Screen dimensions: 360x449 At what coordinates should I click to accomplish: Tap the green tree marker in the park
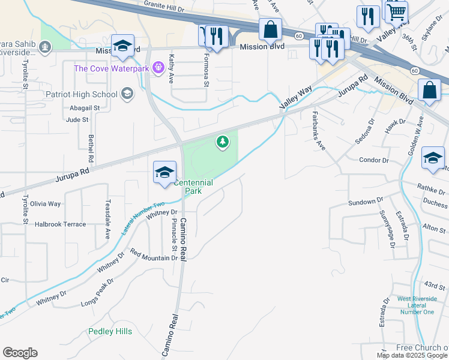pos(223,142)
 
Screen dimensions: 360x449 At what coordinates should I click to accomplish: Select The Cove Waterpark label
pos(112,68)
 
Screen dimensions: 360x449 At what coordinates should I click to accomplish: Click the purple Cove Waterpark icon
pos(158,67)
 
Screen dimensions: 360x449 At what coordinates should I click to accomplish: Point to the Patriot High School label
pos(81,94)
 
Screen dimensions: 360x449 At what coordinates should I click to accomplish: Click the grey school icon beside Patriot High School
pos(127,94)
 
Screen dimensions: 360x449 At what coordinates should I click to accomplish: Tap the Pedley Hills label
pos(110,331)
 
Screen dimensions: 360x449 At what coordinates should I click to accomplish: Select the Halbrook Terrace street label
pos(59,224)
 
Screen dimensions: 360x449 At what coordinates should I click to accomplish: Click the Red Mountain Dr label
pos(154,257)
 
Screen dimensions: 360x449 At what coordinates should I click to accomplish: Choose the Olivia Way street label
pos(46,204)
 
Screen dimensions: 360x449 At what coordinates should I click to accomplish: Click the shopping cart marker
pos(396,12)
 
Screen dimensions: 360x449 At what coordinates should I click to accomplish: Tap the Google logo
pos(20,353)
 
